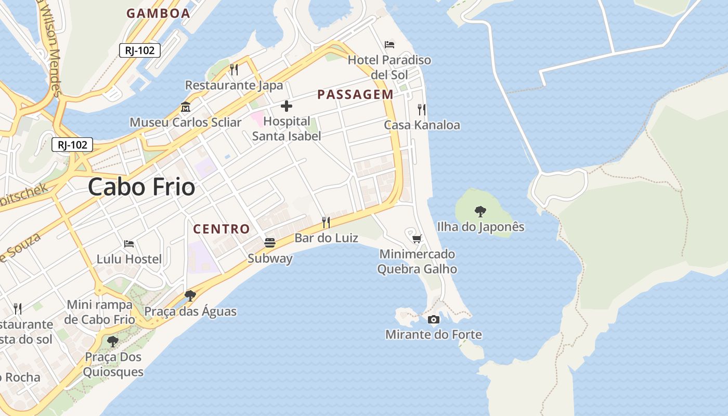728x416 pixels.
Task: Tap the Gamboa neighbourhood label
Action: click(x=158, y=14)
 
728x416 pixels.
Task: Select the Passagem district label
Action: click(x=355, y=94)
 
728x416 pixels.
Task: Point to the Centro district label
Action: click(x=222, y=229)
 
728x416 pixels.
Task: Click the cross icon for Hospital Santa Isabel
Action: click(x=286, y=107)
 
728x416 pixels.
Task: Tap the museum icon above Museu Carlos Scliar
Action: click(x=186, y=108)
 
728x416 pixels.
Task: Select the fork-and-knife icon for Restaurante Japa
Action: click(x=234, y=70)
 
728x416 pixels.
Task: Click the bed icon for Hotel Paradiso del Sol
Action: click(x=389, y=45)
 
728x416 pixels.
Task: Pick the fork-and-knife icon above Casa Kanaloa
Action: click(x=422, y=110)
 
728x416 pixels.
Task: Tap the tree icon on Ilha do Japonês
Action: click(x=480, y=212)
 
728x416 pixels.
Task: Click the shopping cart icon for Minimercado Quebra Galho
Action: click(x=417, y=239)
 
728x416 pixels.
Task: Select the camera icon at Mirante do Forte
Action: click(x=433, y=319)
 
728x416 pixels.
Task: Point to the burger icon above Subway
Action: click(x=269, y=243)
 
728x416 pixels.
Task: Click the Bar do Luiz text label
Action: click(x=326, y=238)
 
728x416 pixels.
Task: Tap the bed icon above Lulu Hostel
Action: click(x=129, y=243)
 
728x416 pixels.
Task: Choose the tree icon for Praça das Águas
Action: click(x=190, y=296)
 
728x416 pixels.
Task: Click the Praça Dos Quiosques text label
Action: click(x=113, y=365)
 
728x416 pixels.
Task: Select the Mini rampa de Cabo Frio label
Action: click(x=99, y=311)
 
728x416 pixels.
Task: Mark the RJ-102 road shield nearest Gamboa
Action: click(x=139, y=50)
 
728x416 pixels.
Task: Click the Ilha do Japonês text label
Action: click(x=480, y=227)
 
